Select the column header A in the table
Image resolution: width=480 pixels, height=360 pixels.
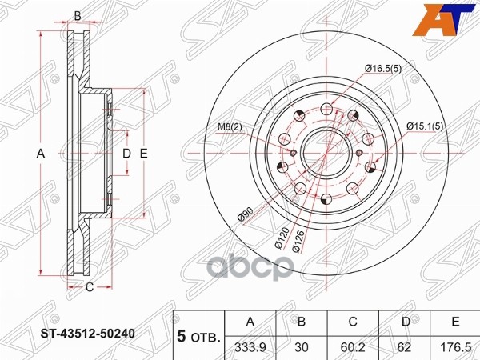point(251,322)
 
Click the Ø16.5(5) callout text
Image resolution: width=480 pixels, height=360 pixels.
point(383,70)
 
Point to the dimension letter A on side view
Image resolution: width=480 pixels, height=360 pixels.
point(40,154)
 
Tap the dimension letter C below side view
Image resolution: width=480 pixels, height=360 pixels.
point(90,287)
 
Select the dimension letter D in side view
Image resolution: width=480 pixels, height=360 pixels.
point(126,154)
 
